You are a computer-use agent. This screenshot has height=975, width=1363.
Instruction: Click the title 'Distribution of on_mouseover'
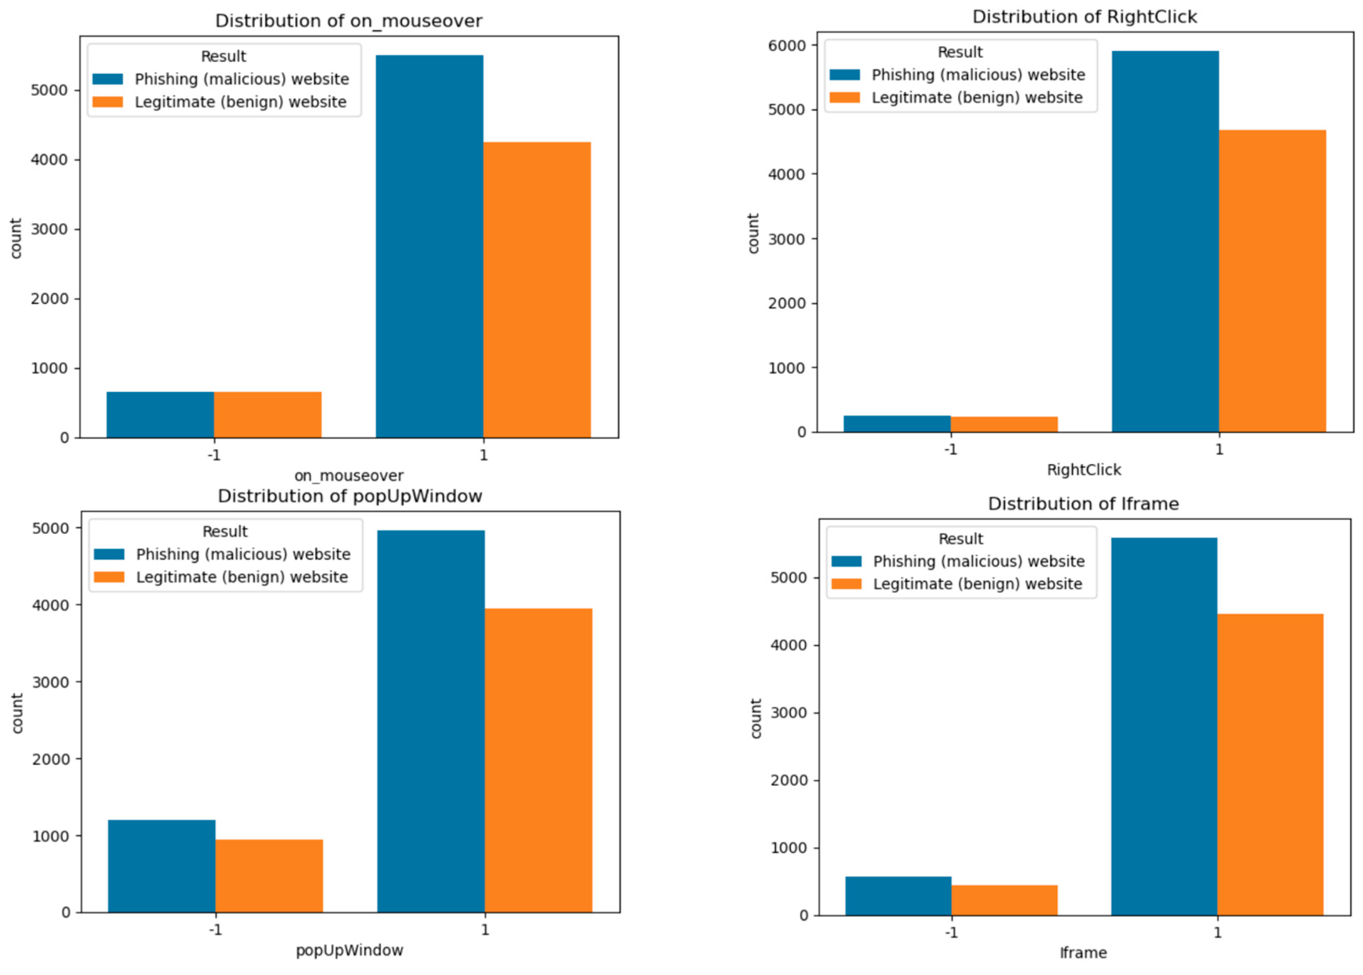[348, 21]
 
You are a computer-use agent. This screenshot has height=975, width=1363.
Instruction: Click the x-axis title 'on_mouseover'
[348, 476]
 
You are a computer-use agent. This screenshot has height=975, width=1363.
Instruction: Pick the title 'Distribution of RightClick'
[1084, 17]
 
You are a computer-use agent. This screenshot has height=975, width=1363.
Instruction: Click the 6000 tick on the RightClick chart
[787, 46]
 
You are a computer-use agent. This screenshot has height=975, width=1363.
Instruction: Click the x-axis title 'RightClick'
[1084, 470]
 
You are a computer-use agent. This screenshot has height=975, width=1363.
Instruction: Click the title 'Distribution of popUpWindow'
[349, 496]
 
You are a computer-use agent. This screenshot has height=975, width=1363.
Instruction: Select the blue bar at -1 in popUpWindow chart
[162, 866]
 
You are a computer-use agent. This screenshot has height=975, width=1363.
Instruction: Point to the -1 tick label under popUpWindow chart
[215, 930]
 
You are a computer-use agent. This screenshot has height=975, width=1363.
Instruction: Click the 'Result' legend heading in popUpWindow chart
[225, 531]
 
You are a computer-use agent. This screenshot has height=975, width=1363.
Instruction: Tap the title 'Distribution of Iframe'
[1083, 504]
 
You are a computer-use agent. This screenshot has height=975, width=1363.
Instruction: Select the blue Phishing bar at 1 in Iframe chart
[1163, 727]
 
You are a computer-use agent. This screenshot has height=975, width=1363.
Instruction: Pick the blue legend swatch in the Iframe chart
[846, 561]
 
